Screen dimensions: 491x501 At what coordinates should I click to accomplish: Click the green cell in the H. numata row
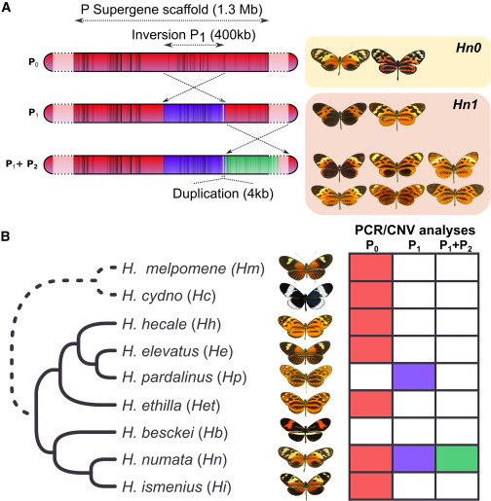pyautogui.click(x=457, y=458)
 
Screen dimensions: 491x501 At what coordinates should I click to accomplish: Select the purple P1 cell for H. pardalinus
pyautogui.click(x=414, y=376)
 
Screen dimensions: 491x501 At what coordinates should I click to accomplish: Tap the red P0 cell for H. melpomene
pyautogui.click(x=371, y=268)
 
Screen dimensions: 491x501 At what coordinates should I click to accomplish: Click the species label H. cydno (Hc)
pyautogui.click(x=169, y=296)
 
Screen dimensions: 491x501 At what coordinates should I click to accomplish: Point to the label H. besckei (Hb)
pyautogui.click(x=174, y=432)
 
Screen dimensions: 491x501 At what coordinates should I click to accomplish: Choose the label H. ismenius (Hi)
pyautogui.click(x=176, y=486)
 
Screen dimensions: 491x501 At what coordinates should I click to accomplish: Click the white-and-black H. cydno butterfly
pyautogui.click(x=306, y=296)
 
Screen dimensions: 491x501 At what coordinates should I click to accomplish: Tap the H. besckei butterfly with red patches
pyautogui.click(x=305, y=430)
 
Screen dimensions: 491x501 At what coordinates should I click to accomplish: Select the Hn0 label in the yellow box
pyautogui.click(x=469, y=48)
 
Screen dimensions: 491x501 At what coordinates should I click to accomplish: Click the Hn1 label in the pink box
pyautogui.click(x=465, y=104)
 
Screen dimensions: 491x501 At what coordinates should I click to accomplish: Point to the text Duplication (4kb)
pyautogui.click(x=223, y=194)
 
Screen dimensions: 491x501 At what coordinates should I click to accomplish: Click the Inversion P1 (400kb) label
pyautogui.click(x=194, y=35)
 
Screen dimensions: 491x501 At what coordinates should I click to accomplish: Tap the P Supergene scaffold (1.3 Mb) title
pyautogui.click(x=171, y=10)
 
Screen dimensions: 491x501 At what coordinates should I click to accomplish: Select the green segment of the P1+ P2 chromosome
pyautogui.click(x=246, y=164)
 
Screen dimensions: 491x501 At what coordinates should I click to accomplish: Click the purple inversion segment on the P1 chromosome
pyautogui.click(x=194, y=113)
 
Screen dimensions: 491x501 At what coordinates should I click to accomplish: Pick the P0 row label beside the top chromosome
pyautogui.click(x=33, y=62)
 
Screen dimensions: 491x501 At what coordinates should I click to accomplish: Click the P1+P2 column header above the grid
pyautogui.click(x=456, y=246)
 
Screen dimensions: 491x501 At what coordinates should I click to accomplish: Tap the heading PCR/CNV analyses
pyautogui.click(x=415, y=231)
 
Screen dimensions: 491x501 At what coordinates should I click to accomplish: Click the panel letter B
pyautogui.click(x=6, y=236)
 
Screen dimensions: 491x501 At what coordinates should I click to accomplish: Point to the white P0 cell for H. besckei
pyautogui.click(x=371, y=431)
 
